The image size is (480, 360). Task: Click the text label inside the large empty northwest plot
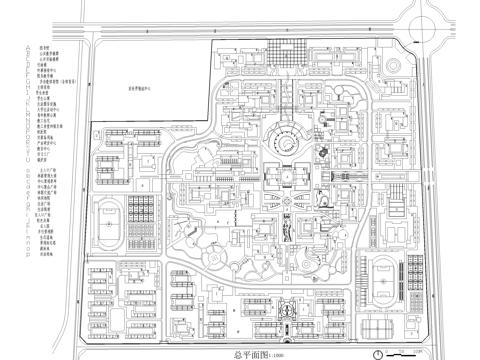(x=149, y=88)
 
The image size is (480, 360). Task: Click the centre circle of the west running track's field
(x=109, y=222)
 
